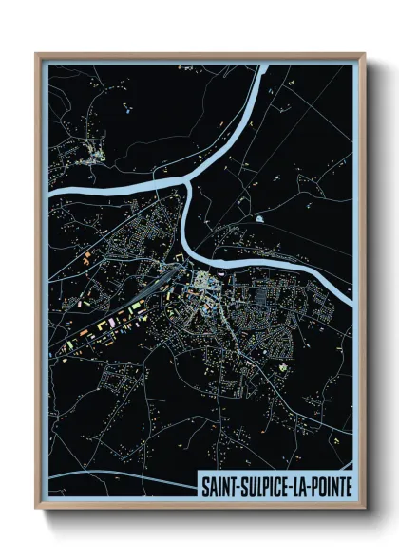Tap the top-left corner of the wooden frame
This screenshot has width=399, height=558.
[x=36, y=52]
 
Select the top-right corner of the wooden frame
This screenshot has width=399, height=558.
[x=363, y=52]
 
